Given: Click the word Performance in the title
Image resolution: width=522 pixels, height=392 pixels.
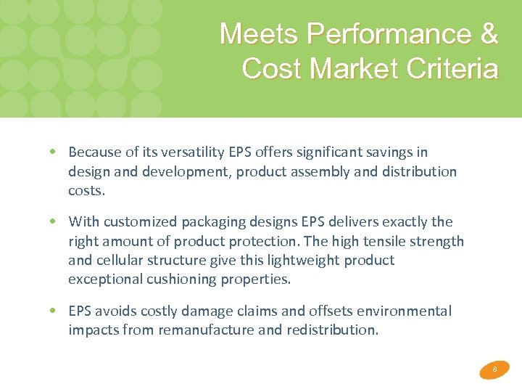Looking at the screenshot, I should click(386, 33).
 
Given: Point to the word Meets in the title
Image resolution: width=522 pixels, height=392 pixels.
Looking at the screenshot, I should click(260, 33).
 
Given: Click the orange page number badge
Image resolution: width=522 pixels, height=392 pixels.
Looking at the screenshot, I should click(494, 369).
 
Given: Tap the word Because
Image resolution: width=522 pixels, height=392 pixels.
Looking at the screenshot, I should click(94, 152).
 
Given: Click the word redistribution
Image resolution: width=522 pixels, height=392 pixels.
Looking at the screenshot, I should click(335, 330).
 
